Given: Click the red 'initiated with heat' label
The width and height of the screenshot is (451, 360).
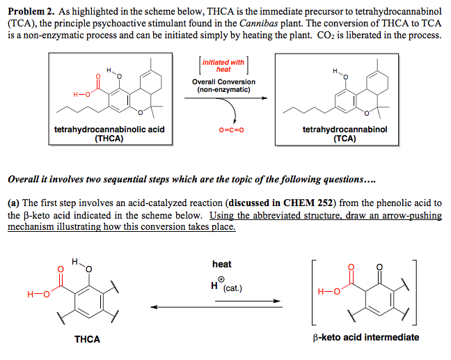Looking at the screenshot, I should pyautogui.click(x=223, y=65).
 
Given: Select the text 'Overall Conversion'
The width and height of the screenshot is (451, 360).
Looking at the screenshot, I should pyautogui.click(x=223, y=81).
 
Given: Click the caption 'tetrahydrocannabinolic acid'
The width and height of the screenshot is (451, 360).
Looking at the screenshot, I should pyautogui.click(x=109, y=130).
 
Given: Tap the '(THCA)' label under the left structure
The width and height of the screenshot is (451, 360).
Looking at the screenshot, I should pyautogui.click(x=109, y=139).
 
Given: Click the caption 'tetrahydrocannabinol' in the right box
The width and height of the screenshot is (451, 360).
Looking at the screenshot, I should pyautogui.click(x=345, y=130).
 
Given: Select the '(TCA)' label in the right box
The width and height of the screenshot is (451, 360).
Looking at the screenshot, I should pyautogui.click(x=345, y=139).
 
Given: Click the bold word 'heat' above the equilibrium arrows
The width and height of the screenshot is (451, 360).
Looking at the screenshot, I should pyautogui.click(x=222, y=264).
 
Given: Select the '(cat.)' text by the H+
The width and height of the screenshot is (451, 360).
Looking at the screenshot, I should pyautogui.click(x=234, y=288).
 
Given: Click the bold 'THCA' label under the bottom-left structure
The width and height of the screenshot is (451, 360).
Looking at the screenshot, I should pyautogui.click(x=87, y=339).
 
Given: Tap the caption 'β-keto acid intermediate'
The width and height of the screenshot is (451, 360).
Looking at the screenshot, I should pyautogui.click(x=366, y=337).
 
